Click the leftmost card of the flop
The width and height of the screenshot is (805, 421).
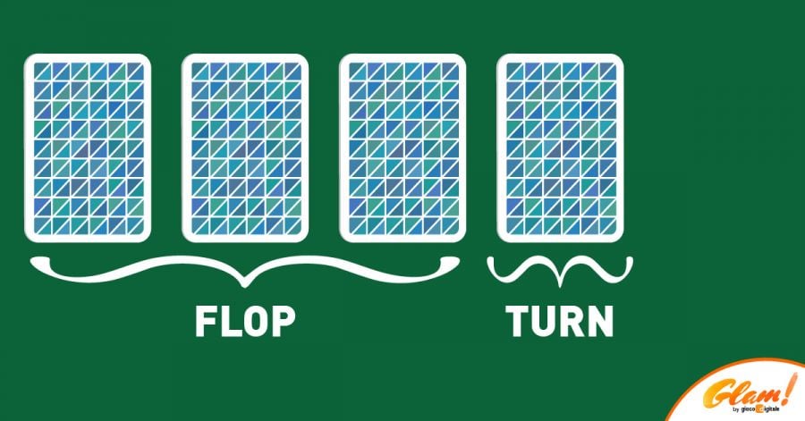click(88, 148)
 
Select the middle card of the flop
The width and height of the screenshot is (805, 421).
click(245, 148)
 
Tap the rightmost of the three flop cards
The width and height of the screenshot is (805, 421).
click(402, 148)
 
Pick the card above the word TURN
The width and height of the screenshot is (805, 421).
click(560, 148)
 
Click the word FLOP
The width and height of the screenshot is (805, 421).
click(244, 321)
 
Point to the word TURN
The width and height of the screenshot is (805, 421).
click(560, 321)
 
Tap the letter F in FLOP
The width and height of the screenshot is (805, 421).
click(206, 321)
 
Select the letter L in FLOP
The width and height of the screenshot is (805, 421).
click(229, 321)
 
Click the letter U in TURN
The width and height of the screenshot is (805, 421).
click(544, 322)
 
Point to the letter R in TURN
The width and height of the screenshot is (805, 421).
click(572, 321)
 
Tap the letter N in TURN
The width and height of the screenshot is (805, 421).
click(600, 321)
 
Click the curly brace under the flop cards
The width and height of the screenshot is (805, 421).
click(244, 268)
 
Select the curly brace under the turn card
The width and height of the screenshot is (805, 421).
click(560, 268)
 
